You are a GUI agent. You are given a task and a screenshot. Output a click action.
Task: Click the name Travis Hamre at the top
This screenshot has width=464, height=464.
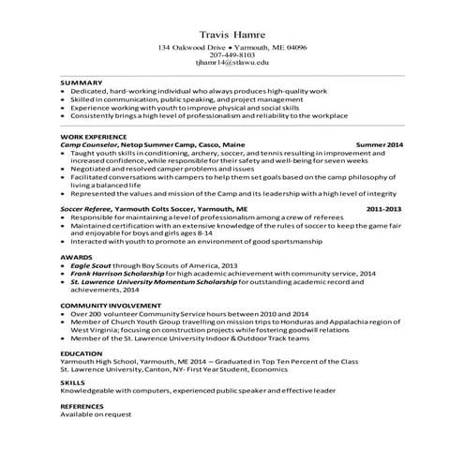[x=232, y=35]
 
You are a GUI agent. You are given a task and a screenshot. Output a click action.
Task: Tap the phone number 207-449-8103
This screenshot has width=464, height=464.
[x=232, y=54]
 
